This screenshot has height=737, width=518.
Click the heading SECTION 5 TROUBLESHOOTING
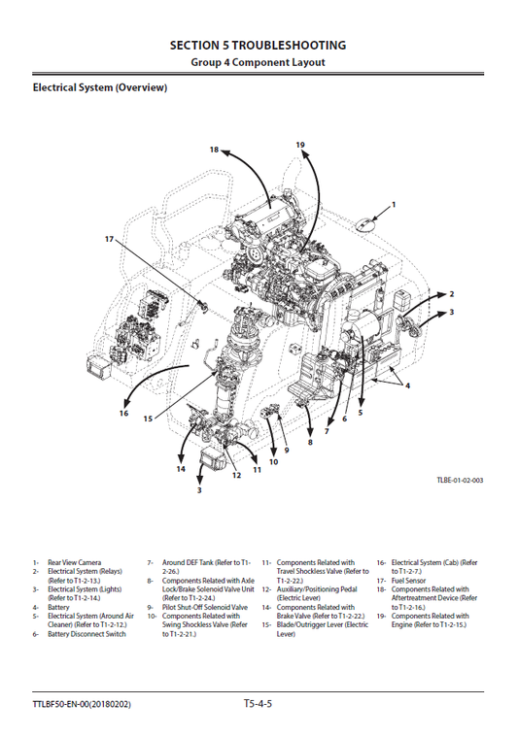click(x=258, y=45)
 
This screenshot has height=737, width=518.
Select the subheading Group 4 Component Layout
click(x=258, y=62)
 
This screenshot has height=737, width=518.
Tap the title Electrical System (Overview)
click(x=100, y=88)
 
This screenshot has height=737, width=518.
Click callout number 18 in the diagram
click(x=214, y=151)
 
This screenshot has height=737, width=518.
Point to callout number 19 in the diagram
click(x=300, y=145)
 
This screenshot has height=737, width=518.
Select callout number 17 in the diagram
click(x=110, y=238)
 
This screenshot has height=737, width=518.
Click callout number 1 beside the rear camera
click(x=394, y=205)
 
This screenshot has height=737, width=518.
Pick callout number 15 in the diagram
click(x=148, y=419)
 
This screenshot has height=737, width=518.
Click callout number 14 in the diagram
click(x=181, y=469)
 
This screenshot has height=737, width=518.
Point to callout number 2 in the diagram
click(x=451, y=293)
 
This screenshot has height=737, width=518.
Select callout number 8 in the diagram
click(x=310, y=443)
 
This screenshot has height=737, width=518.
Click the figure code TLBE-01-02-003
click(x=460, y=481)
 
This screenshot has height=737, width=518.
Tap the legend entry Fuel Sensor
click(x=408, y=581)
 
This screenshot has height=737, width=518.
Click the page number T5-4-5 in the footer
click(x=258, y=702)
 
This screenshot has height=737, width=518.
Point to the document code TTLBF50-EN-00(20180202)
click(x=82, y=703)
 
